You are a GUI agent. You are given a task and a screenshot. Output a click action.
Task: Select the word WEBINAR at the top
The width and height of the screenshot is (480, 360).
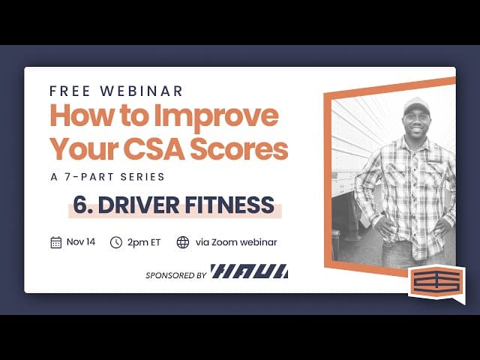click(x=142, y=91)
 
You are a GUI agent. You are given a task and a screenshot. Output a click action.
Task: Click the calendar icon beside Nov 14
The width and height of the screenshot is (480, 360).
click(x=56, y=242)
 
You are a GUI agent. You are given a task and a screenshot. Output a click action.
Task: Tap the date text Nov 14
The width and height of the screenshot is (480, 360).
click(x=80, y=242)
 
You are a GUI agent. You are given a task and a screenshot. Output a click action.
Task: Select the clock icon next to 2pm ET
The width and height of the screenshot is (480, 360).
click(x=116, y=242)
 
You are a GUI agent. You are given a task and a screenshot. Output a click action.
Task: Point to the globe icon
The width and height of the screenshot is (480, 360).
click(x=182, y=242)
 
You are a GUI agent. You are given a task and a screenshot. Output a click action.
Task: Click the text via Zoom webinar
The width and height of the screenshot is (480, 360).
click(x=235, y=242)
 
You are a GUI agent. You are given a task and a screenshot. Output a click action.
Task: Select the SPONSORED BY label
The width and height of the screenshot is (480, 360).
click(x=175, y=275)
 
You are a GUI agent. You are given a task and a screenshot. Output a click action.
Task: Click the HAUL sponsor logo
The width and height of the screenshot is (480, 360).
click(x=249, y=271)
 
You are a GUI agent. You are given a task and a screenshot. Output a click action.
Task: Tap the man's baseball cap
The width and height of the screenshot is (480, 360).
click(x=415, y=106)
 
